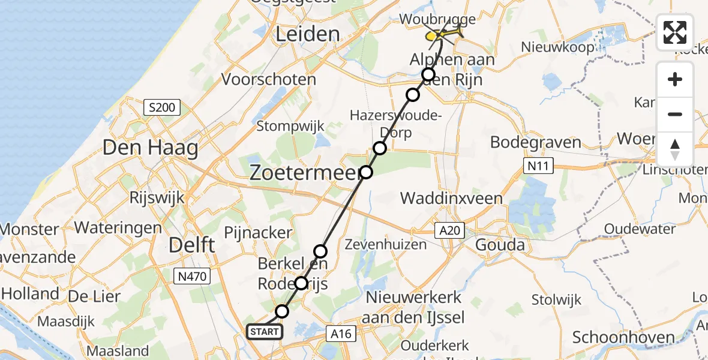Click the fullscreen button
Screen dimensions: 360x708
[675, 32]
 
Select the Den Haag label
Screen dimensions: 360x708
[150, 148]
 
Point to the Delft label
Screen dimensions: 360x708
[192, 245]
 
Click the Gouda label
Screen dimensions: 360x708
[500, 245]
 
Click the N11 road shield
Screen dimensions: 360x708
[537, 166]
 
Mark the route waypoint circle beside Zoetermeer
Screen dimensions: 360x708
[366, 173]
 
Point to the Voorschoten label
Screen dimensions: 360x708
[269, 79]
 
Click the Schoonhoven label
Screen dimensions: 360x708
[623, 337]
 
